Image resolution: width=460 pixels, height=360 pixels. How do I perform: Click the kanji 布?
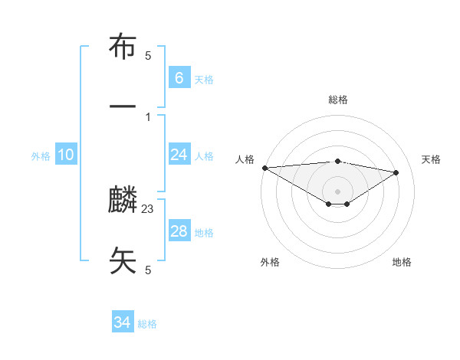pyautogui.click(x=123, y=47)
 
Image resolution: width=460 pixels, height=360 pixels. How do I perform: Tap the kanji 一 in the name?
pyautogui.click(x=123, y=106)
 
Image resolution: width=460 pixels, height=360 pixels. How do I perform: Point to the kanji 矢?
pyautogui.click(x=123, y=260)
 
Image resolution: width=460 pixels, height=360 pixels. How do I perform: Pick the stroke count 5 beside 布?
pyautogui.click(x=148, y=56)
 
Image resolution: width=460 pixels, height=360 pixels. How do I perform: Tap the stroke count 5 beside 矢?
pyautogui.click(x=148, y=270)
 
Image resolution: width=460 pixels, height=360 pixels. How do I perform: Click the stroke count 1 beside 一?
pyautogui.click(x=148, y=116)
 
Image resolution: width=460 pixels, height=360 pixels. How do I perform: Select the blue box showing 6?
pyautogui.click(x=179, y=78)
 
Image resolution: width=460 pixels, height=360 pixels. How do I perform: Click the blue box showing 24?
pyautogui.click(x=179, y=155)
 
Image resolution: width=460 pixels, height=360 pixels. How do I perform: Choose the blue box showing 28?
pyautogui.click(x=179, y=231)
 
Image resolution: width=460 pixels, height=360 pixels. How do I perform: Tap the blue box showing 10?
pyautogui.click(x=66, y=155)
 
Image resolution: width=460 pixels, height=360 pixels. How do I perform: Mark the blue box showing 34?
pyautogui.click(x=123, y=322)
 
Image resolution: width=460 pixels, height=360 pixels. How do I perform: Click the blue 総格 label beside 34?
pyautogui.click(x=147, y=324)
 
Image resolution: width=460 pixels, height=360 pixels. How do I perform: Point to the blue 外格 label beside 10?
pyautogui.click(x=41, y=156)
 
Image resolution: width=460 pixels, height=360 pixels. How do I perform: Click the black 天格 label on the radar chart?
pyautogui.click(x=431, y=159)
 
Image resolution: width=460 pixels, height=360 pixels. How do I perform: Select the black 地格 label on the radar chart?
pyautogui.click(x=402, y=262)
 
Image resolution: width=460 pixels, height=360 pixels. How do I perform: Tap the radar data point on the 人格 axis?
pyautogui.click(x=264, y=168)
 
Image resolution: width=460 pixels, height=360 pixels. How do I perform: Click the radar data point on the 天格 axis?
pyautogui.click(x=396, y=172)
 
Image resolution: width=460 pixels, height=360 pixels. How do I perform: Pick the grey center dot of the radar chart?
pyautogui.click(x=337, y=191)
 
